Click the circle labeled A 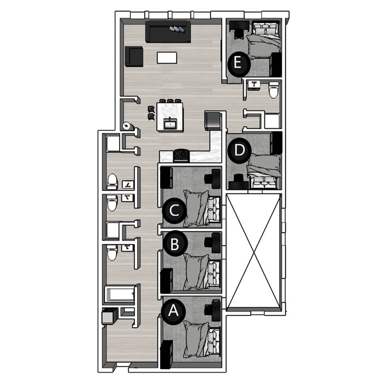[174, 311]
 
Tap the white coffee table [167, 58]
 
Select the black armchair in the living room [134, 56]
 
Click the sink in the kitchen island [170, 125]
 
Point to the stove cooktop [181, 156]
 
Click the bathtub [120, 294]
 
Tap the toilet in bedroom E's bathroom [274, 90]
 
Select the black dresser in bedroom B [167, 281]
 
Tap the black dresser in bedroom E [276, 64]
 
